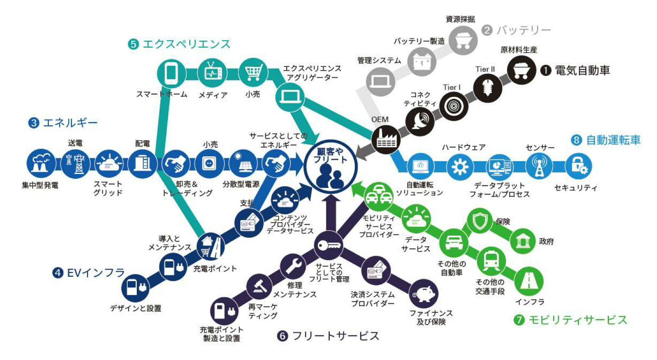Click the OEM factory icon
[x=386, y=140]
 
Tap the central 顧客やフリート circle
[x=331, y=166]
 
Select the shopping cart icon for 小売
[x=253, y=73]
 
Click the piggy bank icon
[x=423, y=294]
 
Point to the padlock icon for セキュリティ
[x=578, y=166]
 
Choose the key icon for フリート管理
[x=328, y=245]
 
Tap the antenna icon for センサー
[x=539, y=166]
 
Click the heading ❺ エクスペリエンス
[x=179, y=44]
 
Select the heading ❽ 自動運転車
[x=606, y=140]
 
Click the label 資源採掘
[x=460, y=19]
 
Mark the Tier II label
[x=485, y=69]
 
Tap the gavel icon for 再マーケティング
[x=260, y=286]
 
